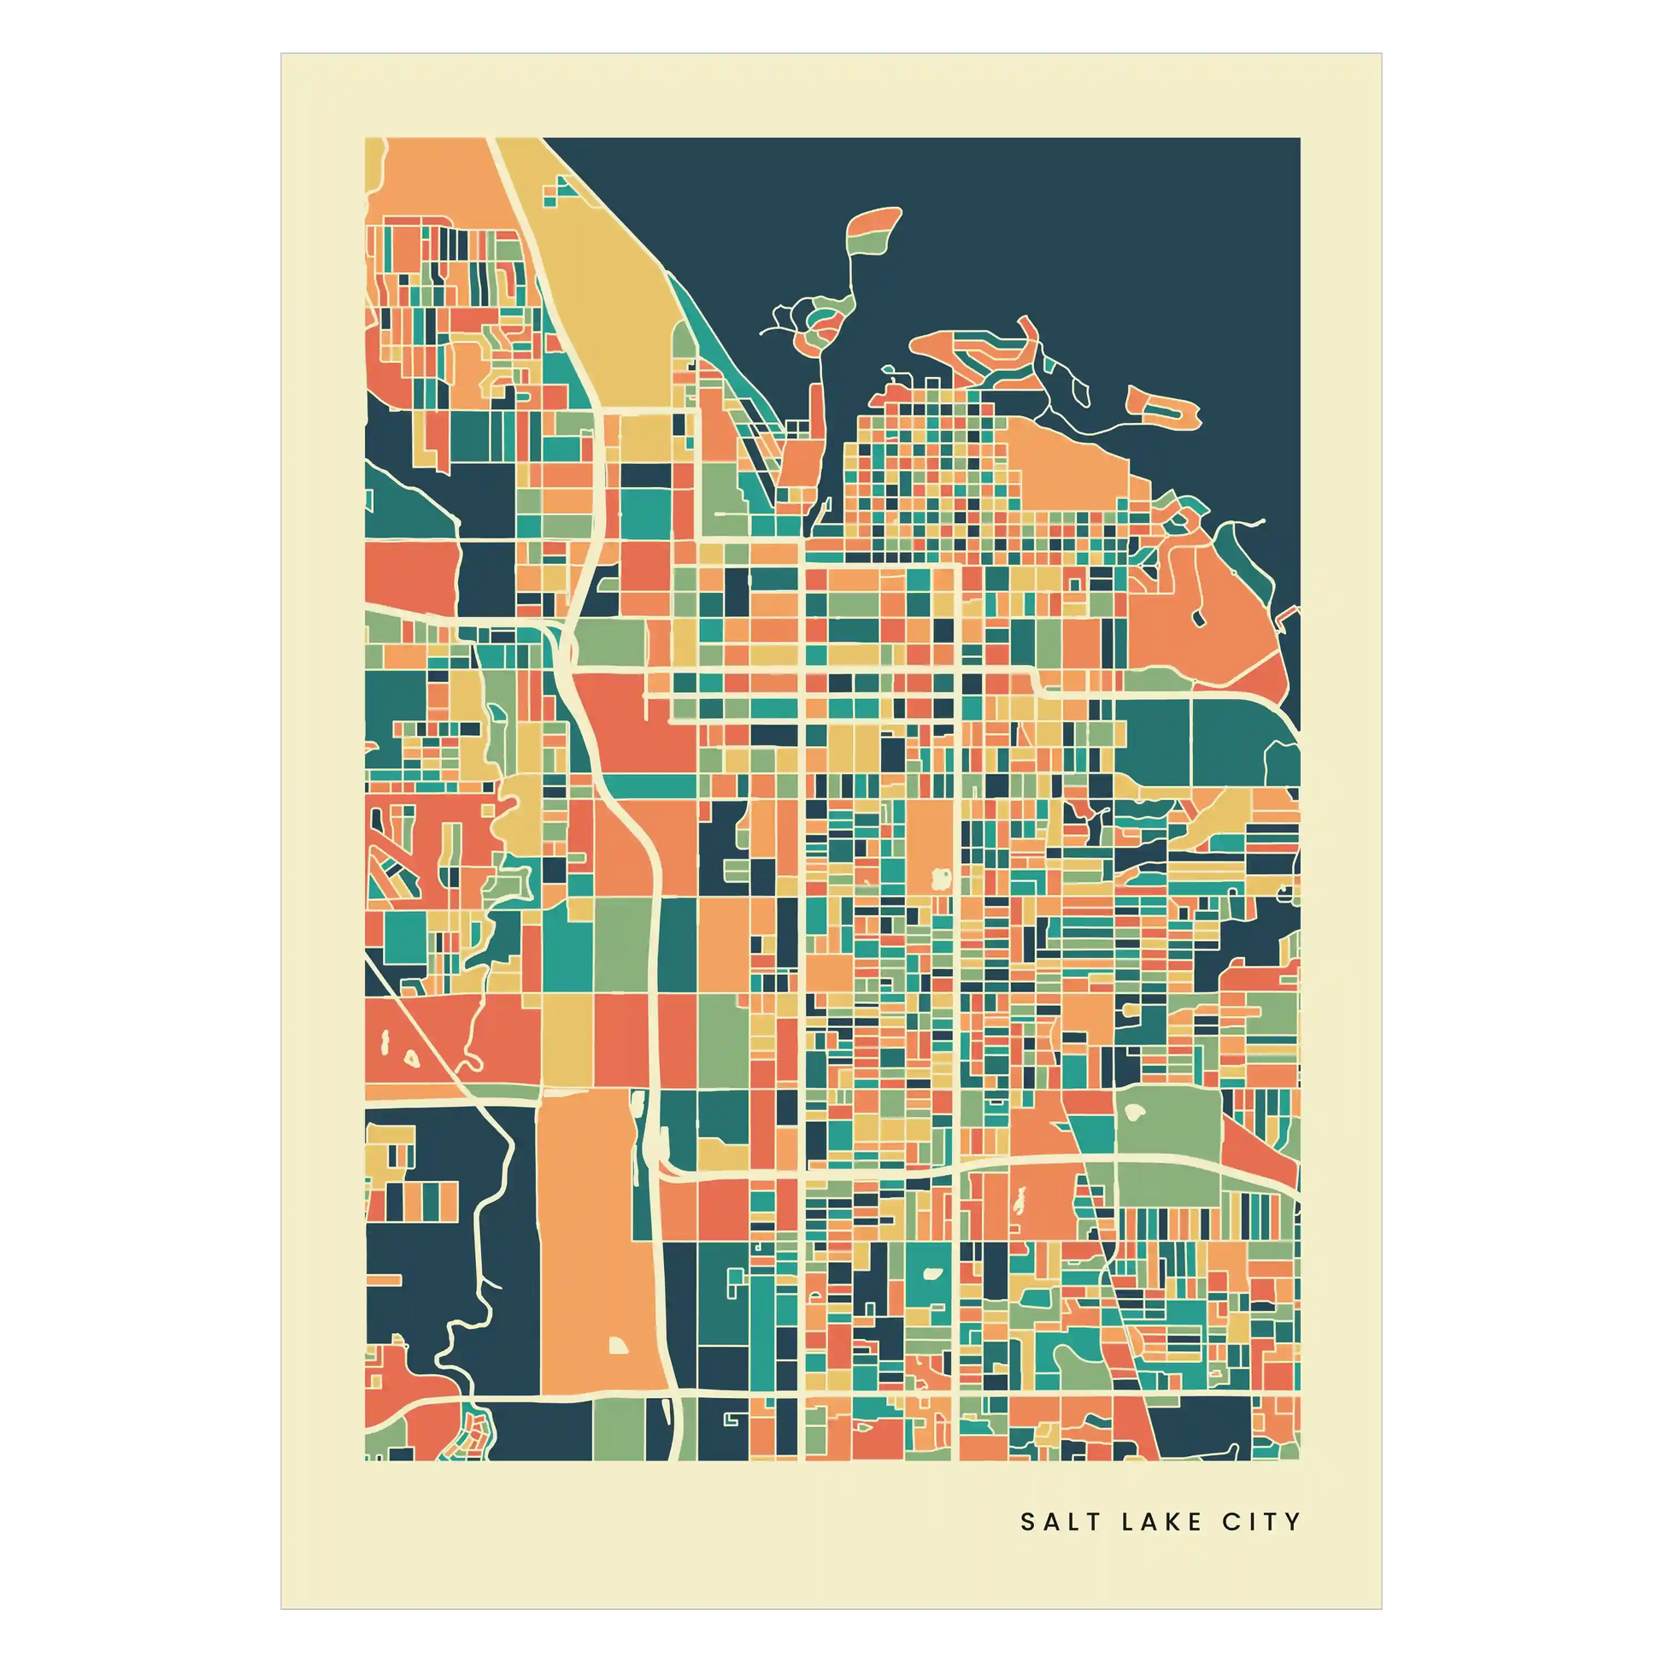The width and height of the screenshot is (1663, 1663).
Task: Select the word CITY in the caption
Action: pyautogui.click(x=1261, y=1522)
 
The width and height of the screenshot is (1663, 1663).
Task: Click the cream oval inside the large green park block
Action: pyautogui.click(x=1136, y=1112)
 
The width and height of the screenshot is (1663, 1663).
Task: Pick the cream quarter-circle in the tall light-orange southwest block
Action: pyautogui.click(x=619, y=1346)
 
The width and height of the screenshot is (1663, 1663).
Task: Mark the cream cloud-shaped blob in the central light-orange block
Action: pyautogui.click(x=940, y=878)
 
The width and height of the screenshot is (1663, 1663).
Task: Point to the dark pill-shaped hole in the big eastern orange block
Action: pyautogui.click(x=1198, y=618)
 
